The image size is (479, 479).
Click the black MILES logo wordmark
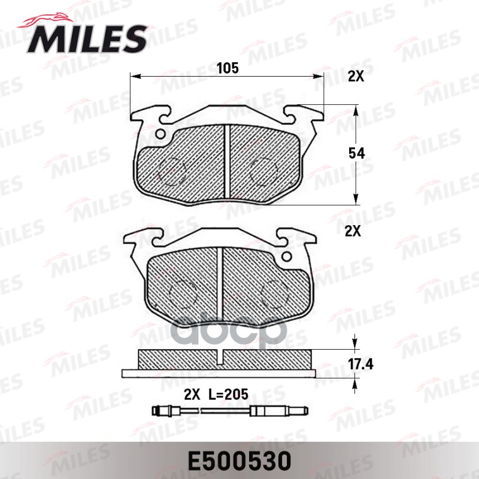point(87,39)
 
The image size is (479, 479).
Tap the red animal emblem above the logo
point(46,20)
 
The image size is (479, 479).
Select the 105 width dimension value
point(228,68)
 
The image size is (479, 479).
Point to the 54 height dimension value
point(356,153)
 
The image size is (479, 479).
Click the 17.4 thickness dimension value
point(361,364)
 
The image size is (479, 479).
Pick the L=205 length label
point(228,395)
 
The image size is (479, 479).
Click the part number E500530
point(239,461)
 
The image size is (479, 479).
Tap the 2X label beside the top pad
point(356,77)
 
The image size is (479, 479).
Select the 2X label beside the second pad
point(353,232)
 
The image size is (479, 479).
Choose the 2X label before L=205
point(192,395)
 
